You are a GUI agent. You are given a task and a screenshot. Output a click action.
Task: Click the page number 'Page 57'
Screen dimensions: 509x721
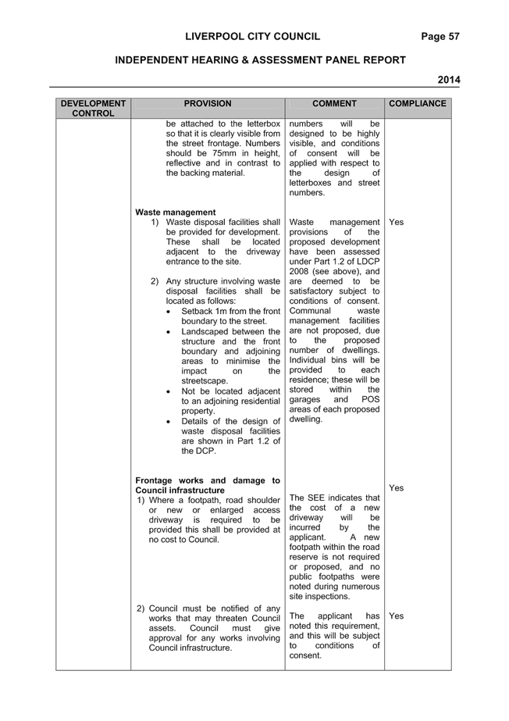440,37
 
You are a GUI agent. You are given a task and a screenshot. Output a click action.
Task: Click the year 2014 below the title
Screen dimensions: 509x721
449,80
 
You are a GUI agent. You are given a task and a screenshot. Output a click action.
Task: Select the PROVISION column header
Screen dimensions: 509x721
208,104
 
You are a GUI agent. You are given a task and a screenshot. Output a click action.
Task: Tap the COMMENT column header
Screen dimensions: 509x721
334,104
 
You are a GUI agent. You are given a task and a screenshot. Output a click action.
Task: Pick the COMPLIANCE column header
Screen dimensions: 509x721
418,104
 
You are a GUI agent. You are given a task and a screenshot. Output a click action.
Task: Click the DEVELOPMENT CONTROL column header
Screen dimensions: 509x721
93,109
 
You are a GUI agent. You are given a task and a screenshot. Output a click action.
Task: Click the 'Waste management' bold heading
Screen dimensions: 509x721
176,212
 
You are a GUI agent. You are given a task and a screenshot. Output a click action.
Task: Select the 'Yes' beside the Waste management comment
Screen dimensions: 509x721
396,222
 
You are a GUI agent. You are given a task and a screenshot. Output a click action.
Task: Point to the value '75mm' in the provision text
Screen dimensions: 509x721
224,154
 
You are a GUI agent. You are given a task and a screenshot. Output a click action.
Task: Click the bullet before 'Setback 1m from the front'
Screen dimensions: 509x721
170,312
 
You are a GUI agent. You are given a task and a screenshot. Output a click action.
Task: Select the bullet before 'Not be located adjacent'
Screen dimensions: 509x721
170,392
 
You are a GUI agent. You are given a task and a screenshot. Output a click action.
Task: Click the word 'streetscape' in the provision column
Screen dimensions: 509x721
205,381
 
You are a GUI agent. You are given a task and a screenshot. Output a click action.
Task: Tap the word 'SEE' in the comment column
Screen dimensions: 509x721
316,498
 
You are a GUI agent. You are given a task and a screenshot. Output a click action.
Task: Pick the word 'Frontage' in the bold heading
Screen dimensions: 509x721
154,481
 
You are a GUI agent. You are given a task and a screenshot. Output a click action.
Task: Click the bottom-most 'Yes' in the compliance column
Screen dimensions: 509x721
396,616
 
